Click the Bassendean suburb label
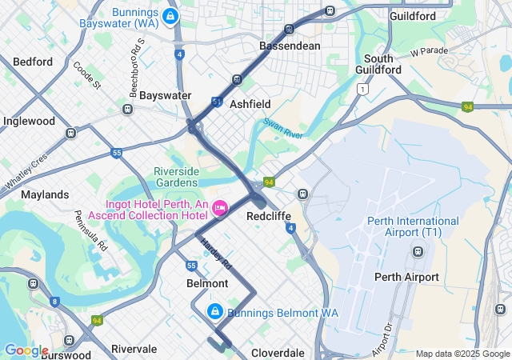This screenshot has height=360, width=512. coord(290,46)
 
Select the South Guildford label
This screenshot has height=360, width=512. coord(378,64)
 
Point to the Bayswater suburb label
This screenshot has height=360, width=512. coord(165,95)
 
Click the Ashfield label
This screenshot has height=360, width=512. coord(250,104)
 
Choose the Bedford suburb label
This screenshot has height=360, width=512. coord(33,62)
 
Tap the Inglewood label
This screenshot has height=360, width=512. coord(29,122)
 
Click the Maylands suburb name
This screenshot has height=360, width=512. coord(45,194)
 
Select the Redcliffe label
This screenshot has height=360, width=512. coord(269,216)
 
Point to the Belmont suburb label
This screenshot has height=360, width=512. coord(207,283)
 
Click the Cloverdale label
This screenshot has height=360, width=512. coord(278,353)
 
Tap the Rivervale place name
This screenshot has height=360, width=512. coord(134,349)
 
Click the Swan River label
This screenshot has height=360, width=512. coord(282,129)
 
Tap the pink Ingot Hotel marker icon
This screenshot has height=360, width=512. coord(219,208)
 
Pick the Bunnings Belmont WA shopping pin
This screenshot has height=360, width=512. coord(214,311)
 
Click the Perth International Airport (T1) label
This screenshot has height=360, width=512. coord(413,226)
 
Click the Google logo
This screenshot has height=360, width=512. coord(26,350)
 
